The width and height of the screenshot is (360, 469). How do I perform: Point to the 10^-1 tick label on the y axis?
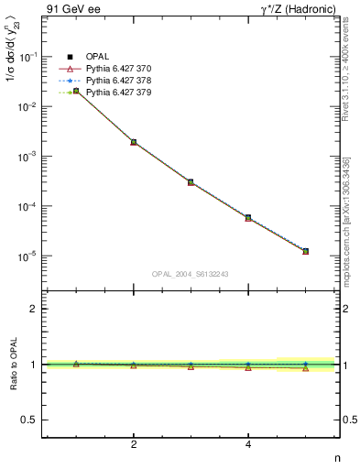click(x=30, y=56)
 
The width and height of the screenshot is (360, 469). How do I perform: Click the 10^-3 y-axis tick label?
click(x=30, y=157)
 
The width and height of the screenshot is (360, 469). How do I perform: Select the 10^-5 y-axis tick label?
click(x=30, y=256)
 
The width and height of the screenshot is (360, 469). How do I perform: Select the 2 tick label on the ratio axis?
click(x=33, y=309)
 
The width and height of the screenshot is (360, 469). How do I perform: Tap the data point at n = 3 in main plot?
click(x=191, y=182)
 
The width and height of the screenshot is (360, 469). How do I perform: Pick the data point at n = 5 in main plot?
click(x=305, y=251)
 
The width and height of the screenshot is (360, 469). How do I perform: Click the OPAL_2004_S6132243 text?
click(x=190, y=273)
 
